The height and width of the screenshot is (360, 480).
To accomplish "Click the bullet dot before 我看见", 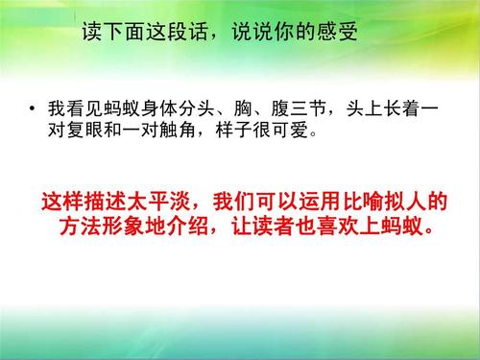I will (x=34, y=109).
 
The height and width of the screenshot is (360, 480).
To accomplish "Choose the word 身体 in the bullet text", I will (x=178, y=109).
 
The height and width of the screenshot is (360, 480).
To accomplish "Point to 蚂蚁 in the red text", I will (x=409, y=230).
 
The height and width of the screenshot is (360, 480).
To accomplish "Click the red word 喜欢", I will (x=340, y=230).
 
